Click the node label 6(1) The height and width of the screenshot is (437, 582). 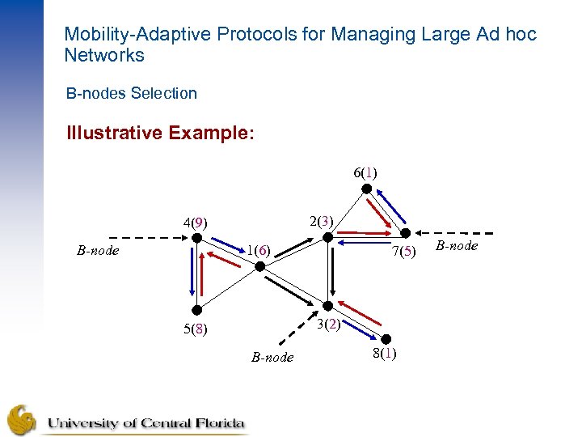365,172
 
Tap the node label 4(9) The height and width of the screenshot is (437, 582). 195,221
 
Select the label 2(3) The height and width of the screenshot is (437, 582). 322,220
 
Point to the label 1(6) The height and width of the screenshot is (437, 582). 258,250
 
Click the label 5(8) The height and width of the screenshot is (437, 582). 195,329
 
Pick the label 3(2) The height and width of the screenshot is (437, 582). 327,325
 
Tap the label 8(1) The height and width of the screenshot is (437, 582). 384,354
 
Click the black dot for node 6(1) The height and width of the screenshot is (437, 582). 365,189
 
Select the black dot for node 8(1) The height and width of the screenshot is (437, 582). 386,339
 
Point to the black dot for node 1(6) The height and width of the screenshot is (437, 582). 259,266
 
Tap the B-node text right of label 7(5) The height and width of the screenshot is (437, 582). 457,246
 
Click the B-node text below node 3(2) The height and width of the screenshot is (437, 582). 272,357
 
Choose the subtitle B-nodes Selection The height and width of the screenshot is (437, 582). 132,93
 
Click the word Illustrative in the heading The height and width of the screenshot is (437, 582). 114,132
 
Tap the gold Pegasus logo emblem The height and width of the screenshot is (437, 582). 22,420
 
